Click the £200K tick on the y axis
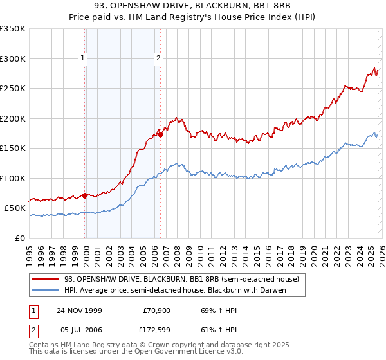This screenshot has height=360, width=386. (13, 118)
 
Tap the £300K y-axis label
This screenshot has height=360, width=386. (13, 59)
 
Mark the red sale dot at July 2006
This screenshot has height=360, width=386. (160, 134)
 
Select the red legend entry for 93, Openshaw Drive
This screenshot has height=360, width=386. (181, 280)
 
